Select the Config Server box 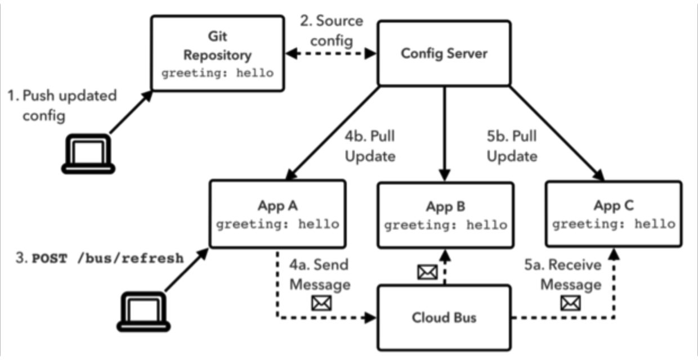[x=444, y=54]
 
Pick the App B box [x=445, y=215]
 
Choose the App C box [x=614, y=214]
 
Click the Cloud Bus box [x=444, y=317]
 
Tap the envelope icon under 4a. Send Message [x=321, y=303]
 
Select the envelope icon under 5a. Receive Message [x=571, y=303]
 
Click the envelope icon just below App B [x=426, y=273]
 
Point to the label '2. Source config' [x=331, y=30]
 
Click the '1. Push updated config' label [x=62, y=105]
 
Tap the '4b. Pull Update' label [x=370, y=146]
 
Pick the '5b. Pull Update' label [x=512, y=146]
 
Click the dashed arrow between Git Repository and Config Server [x=331, y=54]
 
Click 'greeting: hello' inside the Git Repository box [x=217, y=73]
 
